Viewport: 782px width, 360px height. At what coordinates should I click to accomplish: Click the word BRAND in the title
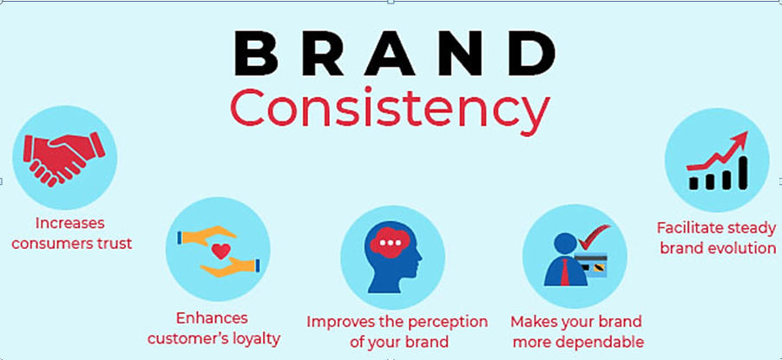pos(395,55)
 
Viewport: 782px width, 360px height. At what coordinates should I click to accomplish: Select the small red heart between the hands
pos(220,251)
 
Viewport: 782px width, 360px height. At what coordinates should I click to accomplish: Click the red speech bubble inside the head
pos(392,245)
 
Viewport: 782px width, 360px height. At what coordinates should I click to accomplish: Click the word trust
pos(112,244)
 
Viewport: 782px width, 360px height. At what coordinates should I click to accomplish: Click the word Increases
pos(71,222)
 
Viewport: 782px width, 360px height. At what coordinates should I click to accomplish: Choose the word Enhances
pos(212,317)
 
